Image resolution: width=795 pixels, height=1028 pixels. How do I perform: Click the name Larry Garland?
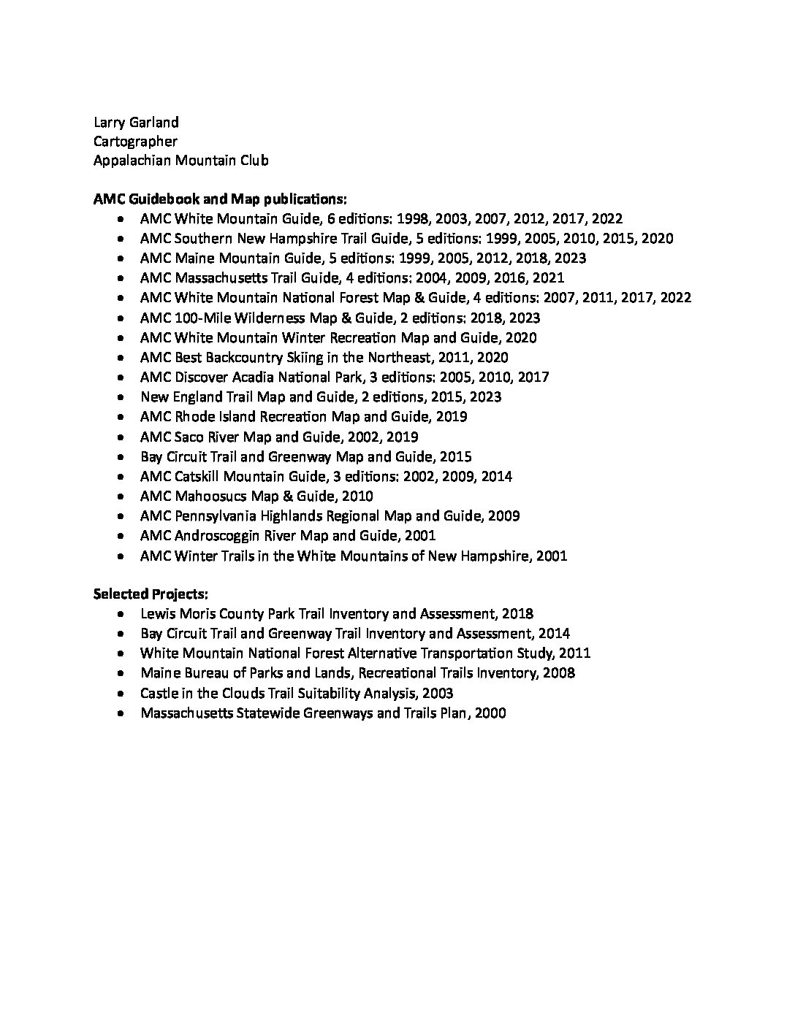coord(135,121)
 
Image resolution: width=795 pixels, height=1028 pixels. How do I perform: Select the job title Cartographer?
coord(135,141)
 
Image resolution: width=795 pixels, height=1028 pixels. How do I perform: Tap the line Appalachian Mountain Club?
coord(180,161)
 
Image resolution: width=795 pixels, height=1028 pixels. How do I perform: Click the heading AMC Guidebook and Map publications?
coord(220,199)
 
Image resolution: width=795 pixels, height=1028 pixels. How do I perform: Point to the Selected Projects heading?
coord(151,594)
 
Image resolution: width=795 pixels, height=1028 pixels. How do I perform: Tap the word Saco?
coord(190,437)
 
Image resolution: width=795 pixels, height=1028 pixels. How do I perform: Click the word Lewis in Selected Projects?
coord(157,614)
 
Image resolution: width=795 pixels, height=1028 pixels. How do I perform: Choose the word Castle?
coord(159,693)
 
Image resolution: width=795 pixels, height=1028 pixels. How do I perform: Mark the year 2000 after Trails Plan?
coord(490,713)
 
